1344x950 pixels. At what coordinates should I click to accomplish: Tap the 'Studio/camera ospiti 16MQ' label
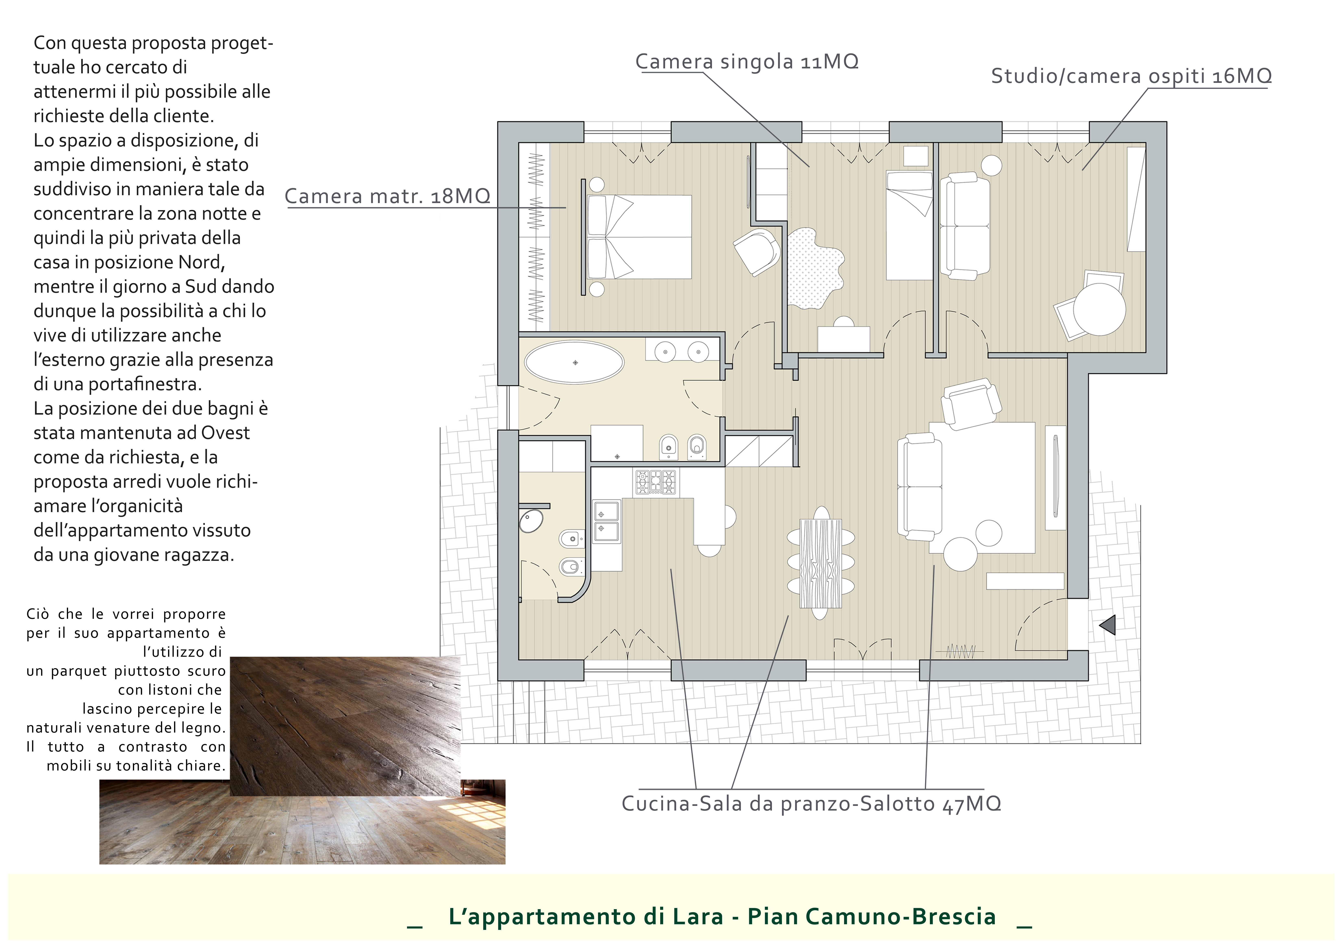[x=1131, y=76]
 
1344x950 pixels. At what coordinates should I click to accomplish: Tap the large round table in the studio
[x=1099, y=309]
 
